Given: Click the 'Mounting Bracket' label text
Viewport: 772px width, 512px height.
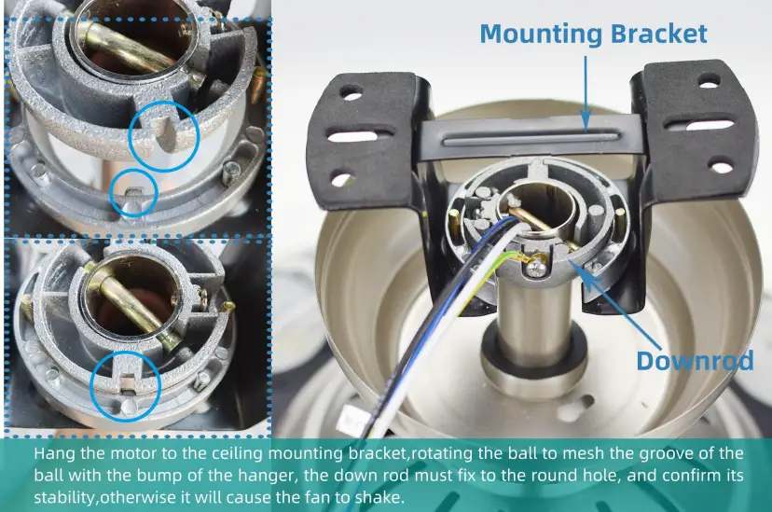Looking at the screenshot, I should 593,34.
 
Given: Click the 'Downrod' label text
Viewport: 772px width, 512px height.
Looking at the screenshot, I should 695,360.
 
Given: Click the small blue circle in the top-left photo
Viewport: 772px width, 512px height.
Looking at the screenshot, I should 133,193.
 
